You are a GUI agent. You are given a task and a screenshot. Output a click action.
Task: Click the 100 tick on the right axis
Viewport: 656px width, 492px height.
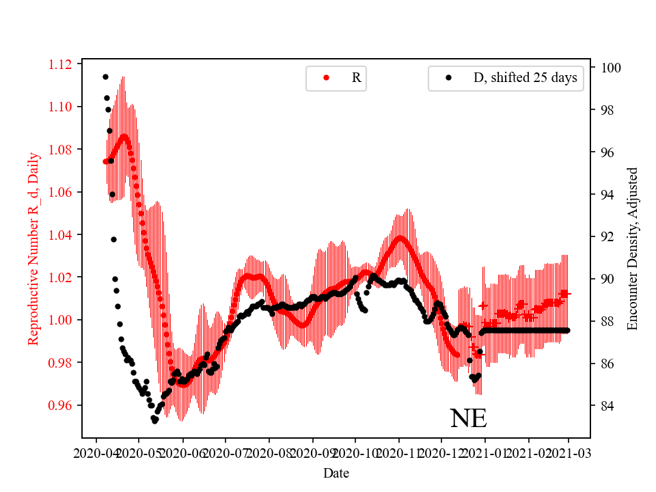point(610,68)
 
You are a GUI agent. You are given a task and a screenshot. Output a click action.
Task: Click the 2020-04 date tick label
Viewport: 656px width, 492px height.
point(96,453)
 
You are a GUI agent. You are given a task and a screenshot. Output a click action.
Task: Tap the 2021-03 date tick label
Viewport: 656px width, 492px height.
point(569,453)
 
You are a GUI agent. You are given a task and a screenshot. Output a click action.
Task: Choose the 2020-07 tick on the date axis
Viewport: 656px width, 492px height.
point(225,453)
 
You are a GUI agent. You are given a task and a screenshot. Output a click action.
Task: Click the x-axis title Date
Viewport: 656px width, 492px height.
point(336,473)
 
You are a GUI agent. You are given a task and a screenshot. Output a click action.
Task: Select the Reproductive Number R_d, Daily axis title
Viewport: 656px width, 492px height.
point(33,248)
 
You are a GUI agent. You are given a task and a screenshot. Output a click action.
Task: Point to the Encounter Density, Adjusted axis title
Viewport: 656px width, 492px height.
point(632,248)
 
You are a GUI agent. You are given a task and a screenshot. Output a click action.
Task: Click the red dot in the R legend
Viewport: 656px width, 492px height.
point(326,78)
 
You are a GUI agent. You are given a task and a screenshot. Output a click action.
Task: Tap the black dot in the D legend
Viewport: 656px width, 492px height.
point(448,78)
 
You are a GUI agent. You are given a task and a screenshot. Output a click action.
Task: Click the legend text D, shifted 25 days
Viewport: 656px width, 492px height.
point(525,78)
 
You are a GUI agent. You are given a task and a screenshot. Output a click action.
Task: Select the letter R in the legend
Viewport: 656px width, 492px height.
point(356,78)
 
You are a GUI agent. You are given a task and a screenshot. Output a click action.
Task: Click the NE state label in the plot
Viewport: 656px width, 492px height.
point(468,418)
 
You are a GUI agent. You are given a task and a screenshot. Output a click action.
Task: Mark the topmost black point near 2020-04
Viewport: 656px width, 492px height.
point(105,77)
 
